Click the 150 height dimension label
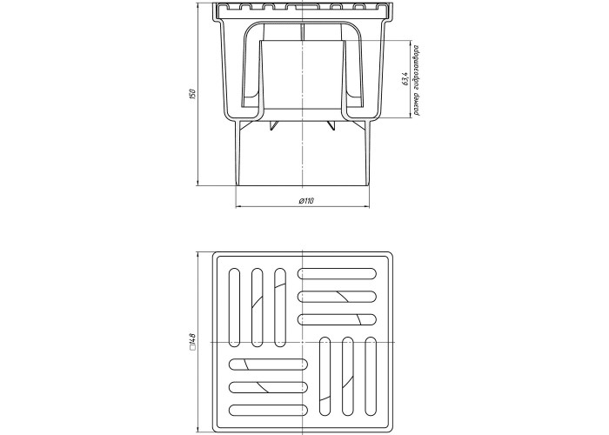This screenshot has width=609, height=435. (x=191, y=94)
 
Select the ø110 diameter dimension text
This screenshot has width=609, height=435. (x=306, y=201)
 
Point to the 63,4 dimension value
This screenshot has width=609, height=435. (x=405, y=78)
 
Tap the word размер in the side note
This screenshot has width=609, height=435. (x=417, y=104)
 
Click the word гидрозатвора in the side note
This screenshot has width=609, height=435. (x=417, y=69)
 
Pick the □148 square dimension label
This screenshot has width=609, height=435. (x=192, y=342)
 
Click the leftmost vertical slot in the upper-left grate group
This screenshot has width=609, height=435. (x=234, y=307)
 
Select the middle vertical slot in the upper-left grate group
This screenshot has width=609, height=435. (x=258, y=307)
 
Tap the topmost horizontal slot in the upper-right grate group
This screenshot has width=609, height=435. (x=338, y=273)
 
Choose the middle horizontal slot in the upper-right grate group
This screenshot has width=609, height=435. (x=338, y=297)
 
